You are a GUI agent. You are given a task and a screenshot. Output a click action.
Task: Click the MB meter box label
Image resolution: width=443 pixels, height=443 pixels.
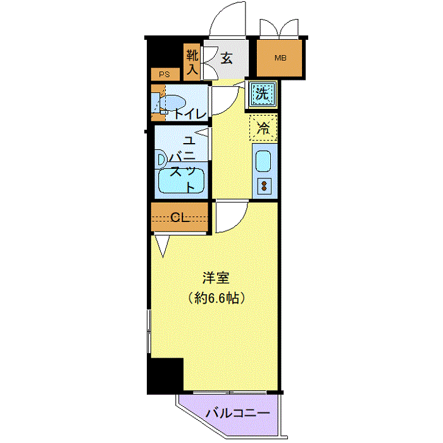280,58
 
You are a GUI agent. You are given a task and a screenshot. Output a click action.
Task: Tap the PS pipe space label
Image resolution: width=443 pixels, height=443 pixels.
165,74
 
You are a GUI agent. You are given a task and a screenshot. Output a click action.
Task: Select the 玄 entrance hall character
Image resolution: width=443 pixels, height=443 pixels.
227,58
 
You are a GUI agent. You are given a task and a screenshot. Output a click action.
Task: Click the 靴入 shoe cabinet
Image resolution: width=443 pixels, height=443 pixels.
192,62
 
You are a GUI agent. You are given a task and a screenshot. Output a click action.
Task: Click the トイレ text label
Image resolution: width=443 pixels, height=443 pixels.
190,114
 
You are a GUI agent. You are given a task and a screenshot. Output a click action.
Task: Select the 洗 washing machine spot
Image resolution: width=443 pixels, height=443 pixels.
262,94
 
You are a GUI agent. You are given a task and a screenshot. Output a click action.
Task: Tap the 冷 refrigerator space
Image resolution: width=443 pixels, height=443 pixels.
263,128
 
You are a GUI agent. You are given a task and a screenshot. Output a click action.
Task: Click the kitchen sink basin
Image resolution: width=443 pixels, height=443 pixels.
263,161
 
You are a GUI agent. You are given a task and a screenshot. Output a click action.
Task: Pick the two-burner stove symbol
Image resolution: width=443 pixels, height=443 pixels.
265,186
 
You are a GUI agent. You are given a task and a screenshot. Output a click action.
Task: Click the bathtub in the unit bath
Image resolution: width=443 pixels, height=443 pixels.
181,181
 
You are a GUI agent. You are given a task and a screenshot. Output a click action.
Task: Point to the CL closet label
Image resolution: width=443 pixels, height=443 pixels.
180,217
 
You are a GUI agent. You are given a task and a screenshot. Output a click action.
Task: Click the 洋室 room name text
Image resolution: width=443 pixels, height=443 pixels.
216,278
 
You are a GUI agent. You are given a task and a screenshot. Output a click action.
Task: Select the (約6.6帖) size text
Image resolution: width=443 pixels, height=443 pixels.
216,298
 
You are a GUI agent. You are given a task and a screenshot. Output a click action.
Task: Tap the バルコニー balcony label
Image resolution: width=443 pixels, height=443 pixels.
237,414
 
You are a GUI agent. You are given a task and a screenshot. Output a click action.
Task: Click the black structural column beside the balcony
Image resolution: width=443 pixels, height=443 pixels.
165,376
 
